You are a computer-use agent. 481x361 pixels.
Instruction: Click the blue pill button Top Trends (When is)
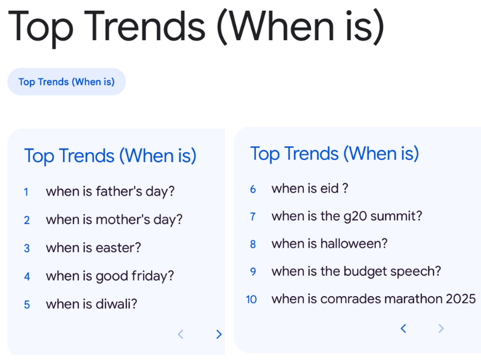(66, 82)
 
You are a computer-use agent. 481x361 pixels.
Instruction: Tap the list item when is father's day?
(110, 192)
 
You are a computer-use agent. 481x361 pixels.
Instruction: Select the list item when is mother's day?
(114, 220)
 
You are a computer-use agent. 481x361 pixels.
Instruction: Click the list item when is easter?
(93, 248)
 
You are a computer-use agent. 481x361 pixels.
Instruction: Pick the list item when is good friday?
(109, 276)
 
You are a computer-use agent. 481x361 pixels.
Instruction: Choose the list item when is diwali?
(91, 304)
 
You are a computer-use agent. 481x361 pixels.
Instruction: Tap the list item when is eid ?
(310, 189)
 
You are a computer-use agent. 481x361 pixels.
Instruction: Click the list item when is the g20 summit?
(346, 216)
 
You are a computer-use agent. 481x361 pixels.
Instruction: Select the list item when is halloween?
(329, 244)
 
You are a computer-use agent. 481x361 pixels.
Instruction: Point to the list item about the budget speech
(356, 271)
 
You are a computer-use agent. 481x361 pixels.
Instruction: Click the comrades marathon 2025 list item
(373, 299)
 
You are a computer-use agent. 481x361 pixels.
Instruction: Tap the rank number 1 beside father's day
(26, 193)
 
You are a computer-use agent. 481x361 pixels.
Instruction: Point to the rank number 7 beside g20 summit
(253, 217)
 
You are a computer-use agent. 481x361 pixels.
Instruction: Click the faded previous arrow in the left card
(180, 335)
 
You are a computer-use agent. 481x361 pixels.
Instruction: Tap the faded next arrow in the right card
(441, 329)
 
